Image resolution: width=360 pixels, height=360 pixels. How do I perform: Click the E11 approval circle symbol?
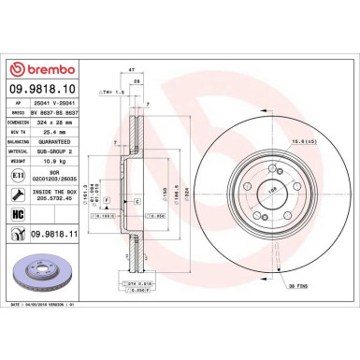click(15, 174)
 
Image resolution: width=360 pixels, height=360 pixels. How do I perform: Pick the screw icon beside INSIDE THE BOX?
click(15, 194)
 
